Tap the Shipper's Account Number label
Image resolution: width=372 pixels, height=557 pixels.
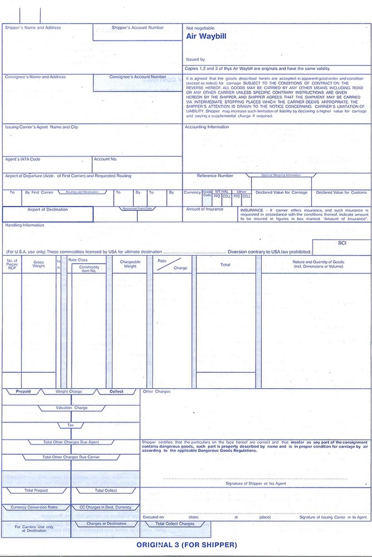pyautogui.click(x=138, y=28)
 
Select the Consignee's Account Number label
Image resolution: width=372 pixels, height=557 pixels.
pyautogui.click(x=138, y=77)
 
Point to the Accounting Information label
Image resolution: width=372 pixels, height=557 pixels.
pyautogui.click(x=207, y=127)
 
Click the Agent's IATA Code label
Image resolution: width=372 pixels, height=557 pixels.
pyautogui.click(x=23, y=159)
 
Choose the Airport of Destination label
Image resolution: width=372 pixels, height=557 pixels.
pyautogui.click(x=47, y=210)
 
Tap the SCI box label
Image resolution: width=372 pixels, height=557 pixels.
pyautogui.click(x=342, y=243)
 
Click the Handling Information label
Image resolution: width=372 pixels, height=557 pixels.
pyautogui.click(x=25, y=225)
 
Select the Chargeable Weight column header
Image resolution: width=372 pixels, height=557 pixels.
pyautogui.click(x=130, y=264)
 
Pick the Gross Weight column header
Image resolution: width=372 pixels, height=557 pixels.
pyautogui.click(x=39, y=264)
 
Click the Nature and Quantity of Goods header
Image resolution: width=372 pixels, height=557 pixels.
pyautogui.click(x=318, y=264)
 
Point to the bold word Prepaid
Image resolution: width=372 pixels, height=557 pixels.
pyautogui.click(x=23, y=391)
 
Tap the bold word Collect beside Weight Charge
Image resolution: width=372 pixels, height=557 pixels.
pyautogui.click(x=116, y=391)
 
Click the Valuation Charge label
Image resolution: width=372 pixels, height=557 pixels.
pyautogui.click(x=71, y=408)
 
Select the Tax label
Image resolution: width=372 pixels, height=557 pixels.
pyautogui.click(x=71, y=425)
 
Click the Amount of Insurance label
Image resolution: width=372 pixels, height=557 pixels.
pyautogui.click(x=205, y=210)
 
